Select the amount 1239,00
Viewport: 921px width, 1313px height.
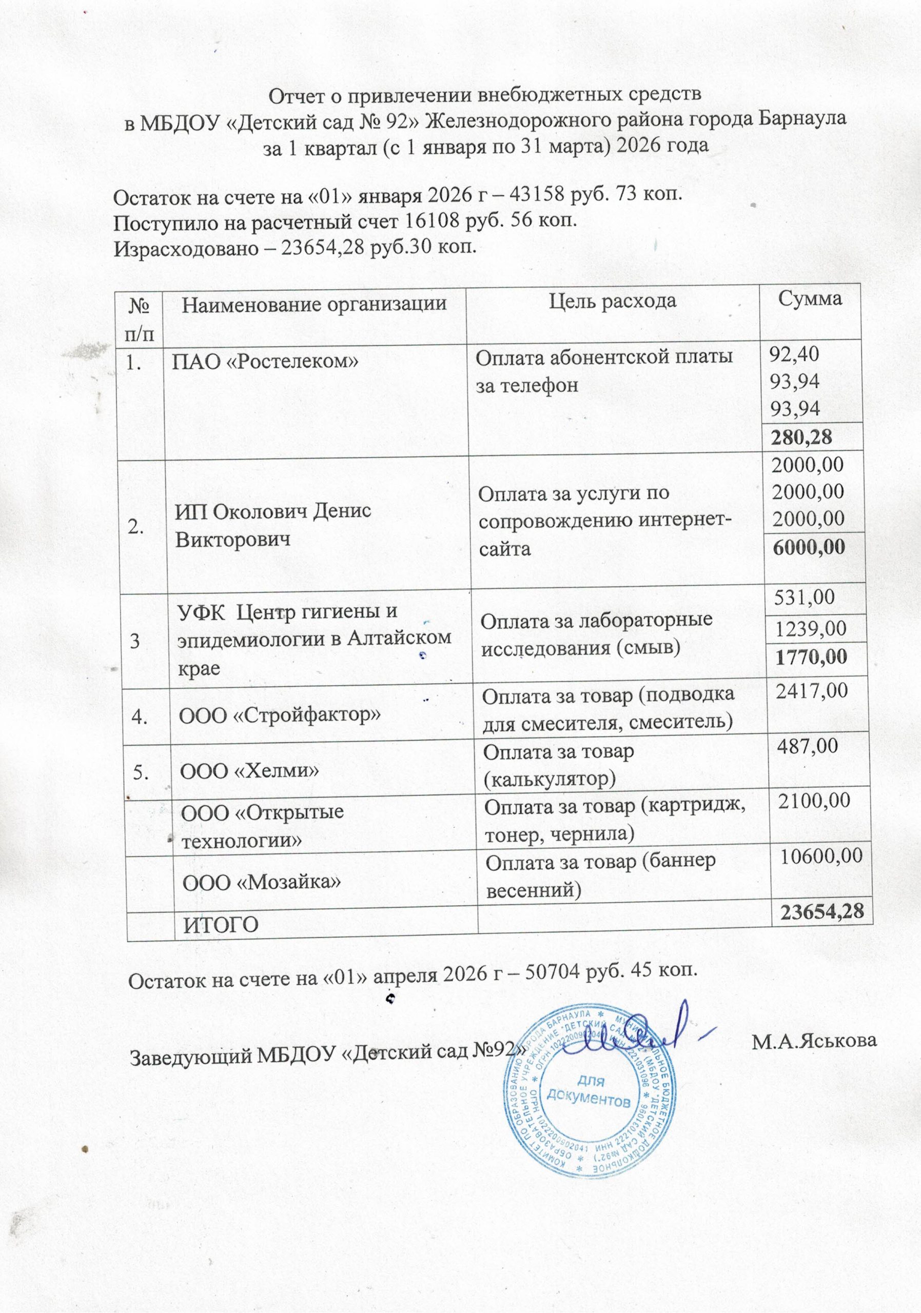point(810,628)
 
